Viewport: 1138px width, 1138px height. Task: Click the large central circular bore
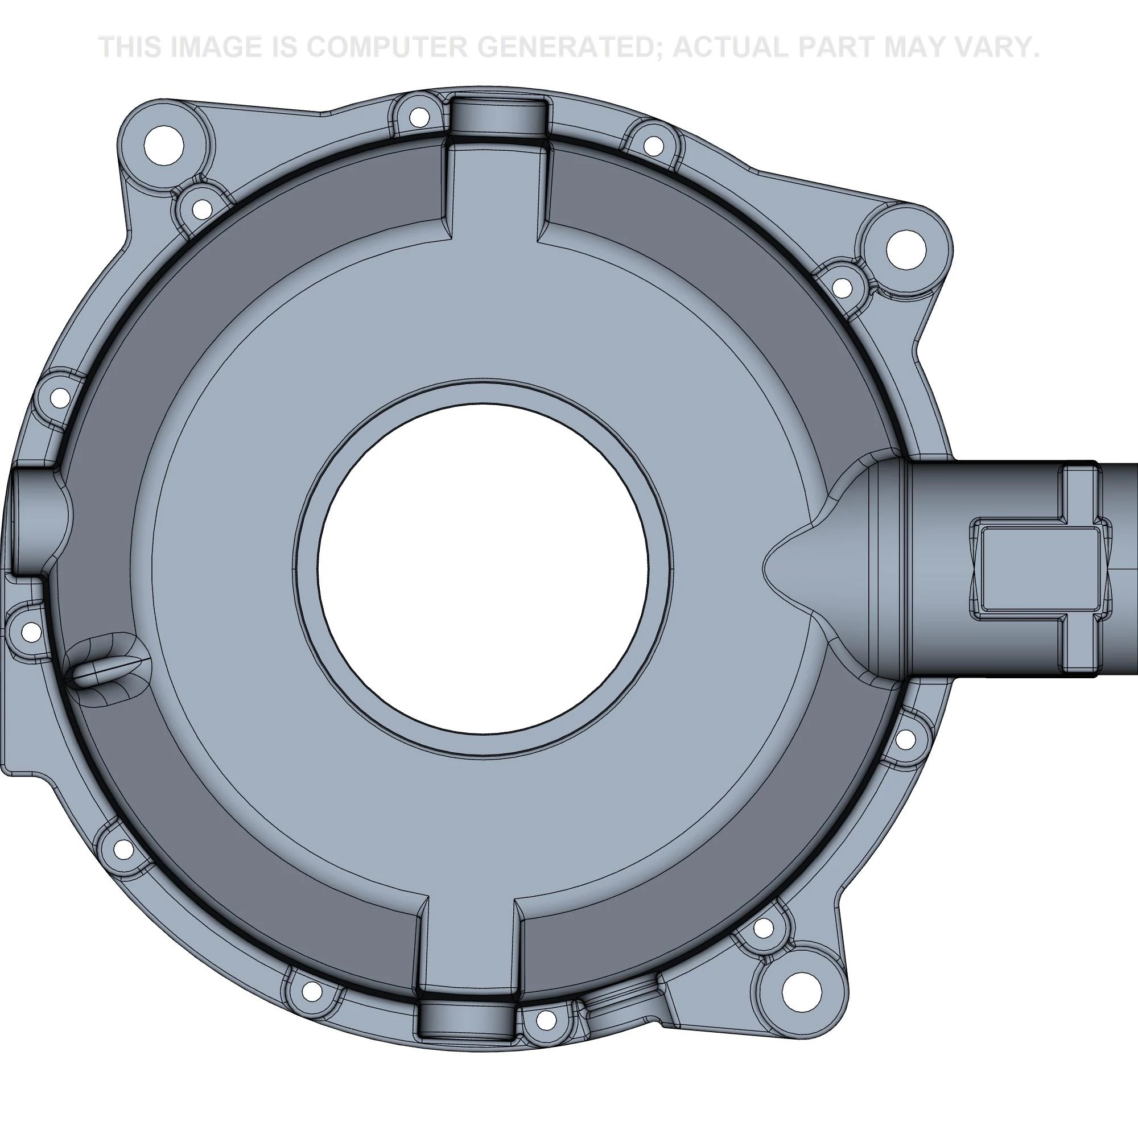pos(483,569)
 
